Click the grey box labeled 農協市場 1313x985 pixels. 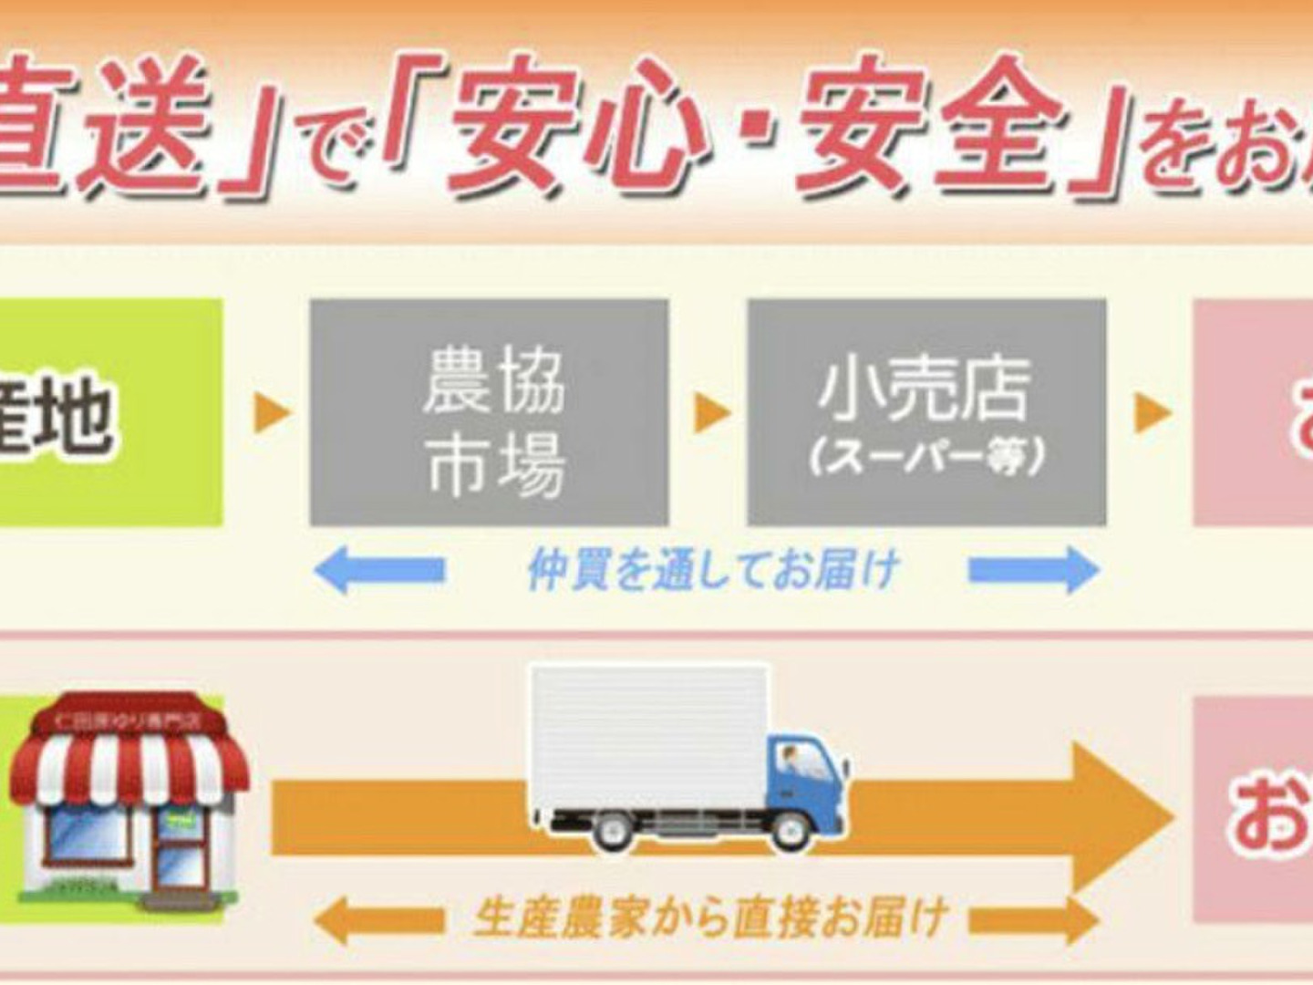[490, 412]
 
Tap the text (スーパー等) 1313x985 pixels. [926, 457]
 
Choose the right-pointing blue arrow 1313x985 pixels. [1034, 570]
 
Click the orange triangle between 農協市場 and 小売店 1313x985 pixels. [710, 413]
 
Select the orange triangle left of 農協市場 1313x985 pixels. [271, 413]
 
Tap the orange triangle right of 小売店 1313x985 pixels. [1151, 413]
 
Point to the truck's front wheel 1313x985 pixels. [790, 830]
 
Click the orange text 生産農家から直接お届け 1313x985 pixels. [710, 918]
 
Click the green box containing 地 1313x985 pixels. [100, 412]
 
